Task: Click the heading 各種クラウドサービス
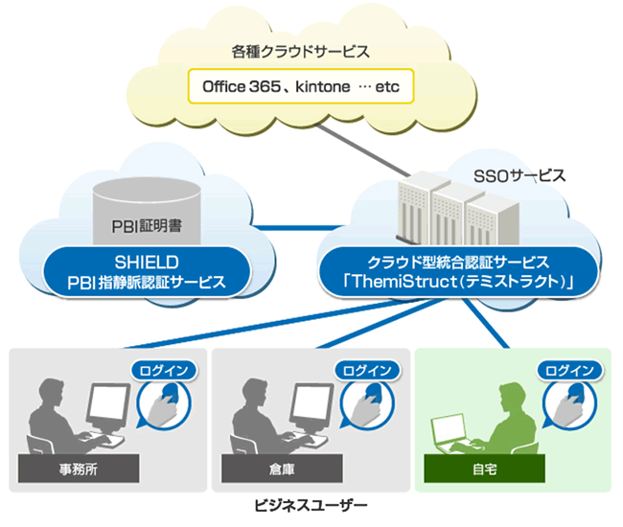pos(300,52)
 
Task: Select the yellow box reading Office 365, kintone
pos(301,86)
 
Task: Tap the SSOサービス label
pos(519,175)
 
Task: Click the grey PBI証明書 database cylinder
pos(147,212)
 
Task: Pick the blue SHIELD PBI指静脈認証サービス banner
pos(147,272)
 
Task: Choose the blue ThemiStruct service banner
pos(458,272)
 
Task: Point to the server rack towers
pos(458,210)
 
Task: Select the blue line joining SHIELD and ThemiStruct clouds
pos(298,228)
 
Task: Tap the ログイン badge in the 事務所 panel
pos(164,371)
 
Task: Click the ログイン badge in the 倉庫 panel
pos(367,371)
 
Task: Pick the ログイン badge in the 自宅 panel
pos(569,371)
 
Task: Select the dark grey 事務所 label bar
pos(79,469)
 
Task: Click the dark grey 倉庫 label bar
pos(282,469)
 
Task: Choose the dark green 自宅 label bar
pos(484,469)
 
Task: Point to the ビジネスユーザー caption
pos(311,506)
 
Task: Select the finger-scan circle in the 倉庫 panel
pos(367,404)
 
